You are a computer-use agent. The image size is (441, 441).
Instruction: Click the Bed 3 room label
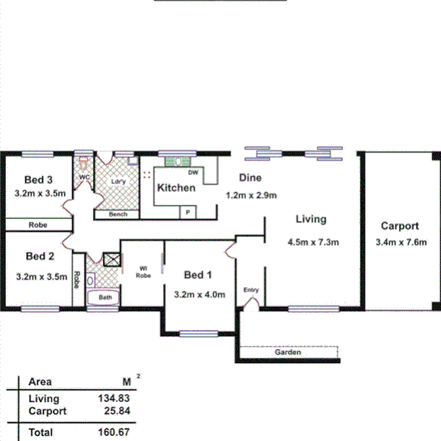click(38, 180)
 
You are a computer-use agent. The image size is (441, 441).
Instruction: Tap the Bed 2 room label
click(40, 257)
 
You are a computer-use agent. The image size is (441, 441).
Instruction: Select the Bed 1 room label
click(198, 275)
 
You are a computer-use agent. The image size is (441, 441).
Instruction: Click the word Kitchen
click(176, 188)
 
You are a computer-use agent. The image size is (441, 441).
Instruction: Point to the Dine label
click(248, 177)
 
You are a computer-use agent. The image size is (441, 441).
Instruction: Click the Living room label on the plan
click(310, 219)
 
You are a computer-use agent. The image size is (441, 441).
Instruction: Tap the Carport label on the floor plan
click(400, 226)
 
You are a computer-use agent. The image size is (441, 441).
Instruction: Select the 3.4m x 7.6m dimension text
click(400, 242)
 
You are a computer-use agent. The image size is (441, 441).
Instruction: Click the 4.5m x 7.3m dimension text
click(312, 242)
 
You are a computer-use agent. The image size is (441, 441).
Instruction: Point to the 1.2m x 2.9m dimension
click(250, 195)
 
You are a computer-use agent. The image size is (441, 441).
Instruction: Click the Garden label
click(288, 353)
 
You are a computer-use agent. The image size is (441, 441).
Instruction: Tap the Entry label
click(251, 290)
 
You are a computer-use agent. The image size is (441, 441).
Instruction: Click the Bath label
click(106, 297)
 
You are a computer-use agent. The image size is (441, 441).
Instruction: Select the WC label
click(84, 177)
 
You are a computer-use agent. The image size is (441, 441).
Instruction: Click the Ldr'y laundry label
click(117, 180)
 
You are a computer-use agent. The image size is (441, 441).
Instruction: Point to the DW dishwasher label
click(193, 173)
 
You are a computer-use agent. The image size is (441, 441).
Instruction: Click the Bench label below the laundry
click(118, 214)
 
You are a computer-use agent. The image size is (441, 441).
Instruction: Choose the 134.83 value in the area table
click(109, 398)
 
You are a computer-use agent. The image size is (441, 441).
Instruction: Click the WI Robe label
click(143, 272)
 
